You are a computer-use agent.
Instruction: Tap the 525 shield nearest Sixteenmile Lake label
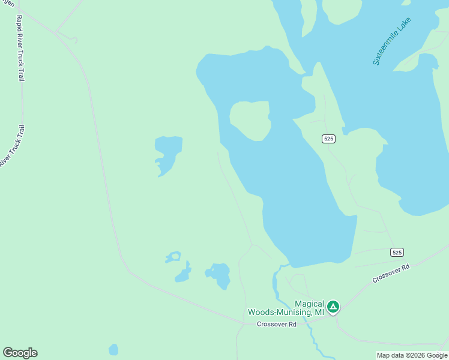coord(328,139)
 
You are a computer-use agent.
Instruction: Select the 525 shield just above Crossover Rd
coord(396,252)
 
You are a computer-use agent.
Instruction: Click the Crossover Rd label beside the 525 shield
coord(390,273)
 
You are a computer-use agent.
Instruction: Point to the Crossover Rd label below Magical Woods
coord(277,325)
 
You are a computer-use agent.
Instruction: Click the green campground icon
coord(333,307)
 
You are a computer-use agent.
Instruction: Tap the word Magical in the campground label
coord(309,304)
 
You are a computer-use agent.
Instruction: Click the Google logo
coord(20,353)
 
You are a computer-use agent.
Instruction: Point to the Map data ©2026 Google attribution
coord(412,356)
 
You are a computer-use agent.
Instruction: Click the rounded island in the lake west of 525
coord(250,120)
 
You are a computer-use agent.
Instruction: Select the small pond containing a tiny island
coord(173,257)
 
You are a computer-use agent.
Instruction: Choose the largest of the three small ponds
coord(219,274)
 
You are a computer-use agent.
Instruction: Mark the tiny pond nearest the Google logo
coord(113,349)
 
